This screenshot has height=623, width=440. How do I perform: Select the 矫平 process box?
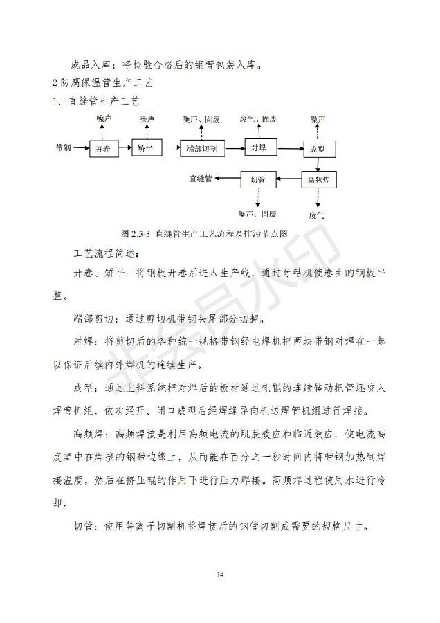(147, 149)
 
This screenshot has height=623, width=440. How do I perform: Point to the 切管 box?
(257, 179)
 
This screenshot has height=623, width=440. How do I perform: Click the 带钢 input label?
(64, 148)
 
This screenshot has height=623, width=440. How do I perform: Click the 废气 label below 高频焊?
(317, 215)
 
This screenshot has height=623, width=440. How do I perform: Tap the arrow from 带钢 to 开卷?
(81, 148)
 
